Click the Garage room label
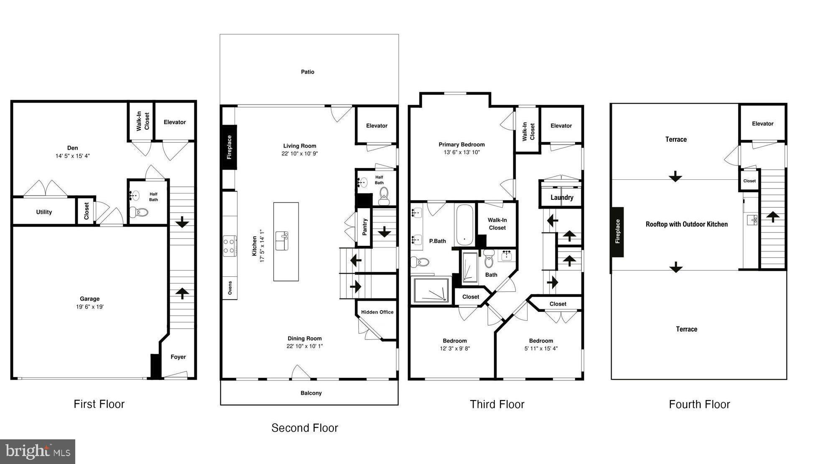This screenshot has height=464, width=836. point(89,299)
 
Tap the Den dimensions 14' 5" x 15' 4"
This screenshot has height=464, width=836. point(73,156)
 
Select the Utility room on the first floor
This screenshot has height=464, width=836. point(44,212)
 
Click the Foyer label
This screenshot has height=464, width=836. point(178,357)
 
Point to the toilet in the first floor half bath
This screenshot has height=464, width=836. point(139,212)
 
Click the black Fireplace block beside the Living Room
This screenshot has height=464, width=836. point(229,147)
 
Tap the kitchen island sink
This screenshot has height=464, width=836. point(282,241)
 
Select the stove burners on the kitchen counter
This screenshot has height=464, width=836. point(229,246)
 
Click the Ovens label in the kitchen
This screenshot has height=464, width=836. point(230,288)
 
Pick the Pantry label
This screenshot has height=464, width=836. point(364,227)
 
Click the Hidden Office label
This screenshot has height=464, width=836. point(377,312)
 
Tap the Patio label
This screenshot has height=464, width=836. point(308,72)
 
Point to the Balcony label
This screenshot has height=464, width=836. point(311,393)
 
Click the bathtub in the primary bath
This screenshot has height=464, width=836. point(464,225)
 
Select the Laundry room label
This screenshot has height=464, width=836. point(562,198)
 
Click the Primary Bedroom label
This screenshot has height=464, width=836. point(461,145)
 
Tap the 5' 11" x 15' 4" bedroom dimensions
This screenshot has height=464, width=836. point(541,349)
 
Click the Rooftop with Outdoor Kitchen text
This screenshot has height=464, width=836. point(686,224)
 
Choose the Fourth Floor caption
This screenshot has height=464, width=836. point(699,404)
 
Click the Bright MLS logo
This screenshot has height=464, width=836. point(38,451)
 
